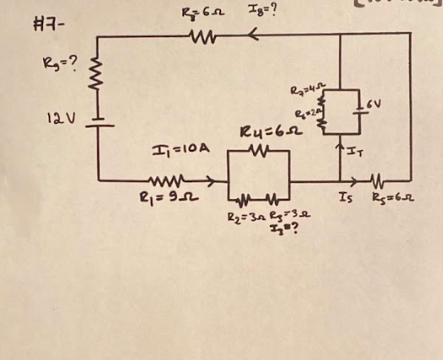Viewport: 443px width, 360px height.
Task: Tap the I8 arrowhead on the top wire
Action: click(x=252, y=37)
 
